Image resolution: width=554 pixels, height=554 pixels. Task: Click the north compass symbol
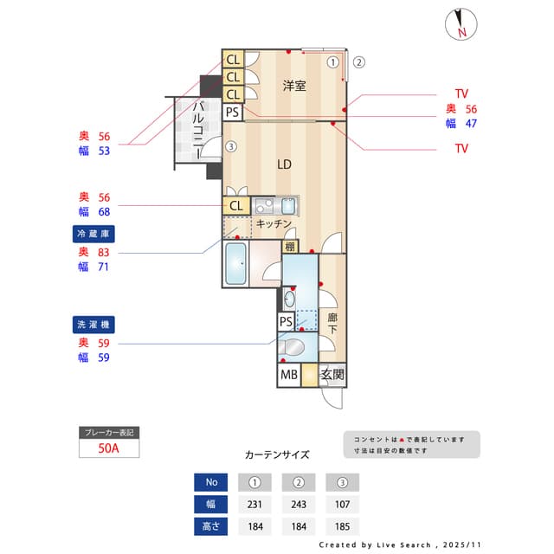coord(461,25)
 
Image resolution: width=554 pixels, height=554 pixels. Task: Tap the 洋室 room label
coord(295,86)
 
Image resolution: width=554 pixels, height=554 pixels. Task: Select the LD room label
coord(284,164)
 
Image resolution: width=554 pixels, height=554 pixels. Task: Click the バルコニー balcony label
coord(197,127)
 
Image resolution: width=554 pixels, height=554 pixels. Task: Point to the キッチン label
coord(273,223)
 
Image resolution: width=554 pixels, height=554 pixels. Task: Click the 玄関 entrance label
coord(332,376)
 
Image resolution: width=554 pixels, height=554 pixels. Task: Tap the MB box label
coord(288,376)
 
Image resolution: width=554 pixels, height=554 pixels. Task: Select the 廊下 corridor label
coord(332,324)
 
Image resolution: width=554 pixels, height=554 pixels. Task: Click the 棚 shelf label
coord(289,247)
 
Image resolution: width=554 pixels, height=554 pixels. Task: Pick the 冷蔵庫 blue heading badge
coord(94,234)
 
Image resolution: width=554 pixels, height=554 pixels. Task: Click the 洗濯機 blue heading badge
coord(94,325)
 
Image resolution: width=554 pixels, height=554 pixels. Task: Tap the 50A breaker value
coord(109,448)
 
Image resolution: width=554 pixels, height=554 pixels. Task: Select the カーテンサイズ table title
coord(277,454)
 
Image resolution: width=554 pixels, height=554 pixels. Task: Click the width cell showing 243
coord(299,504)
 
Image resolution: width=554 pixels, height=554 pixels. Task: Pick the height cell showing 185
coord(342,525)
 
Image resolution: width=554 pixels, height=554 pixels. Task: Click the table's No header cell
coord(212,482)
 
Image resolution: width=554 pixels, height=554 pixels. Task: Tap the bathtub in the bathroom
coord(235,263)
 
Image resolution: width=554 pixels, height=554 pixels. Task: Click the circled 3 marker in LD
coord(230,146)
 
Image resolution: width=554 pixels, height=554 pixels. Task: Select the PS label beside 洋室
coord(232,112)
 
